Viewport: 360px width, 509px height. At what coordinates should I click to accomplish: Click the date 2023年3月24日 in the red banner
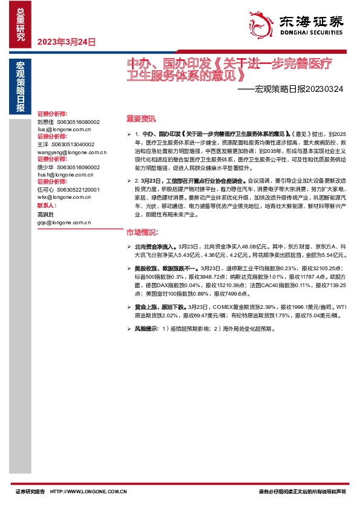click(67, 42)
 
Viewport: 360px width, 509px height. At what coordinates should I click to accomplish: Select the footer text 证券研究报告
click(30, 491)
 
